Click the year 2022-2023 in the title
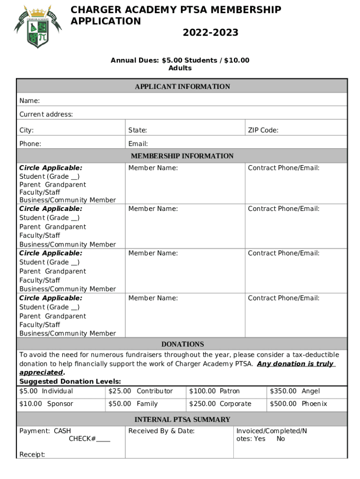210,33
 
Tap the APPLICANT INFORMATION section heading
182,87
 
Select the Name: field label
29,101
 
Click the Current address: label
46,115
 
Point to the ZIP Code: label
263,131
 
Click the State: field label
138,131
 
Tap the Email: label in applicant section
138,144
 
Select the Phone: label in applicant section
30,144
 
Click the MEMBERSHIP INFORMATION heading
182,156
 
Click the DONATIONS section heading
182,344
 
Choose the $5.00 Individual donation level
46,391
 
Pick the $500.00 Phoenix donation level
298,404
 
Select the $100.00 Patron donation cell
214,391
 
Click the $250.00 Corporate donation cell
220,404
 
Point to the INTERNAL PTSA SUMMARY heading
182,420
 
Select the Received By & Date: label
161,431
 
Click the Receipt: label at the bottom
32,454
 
